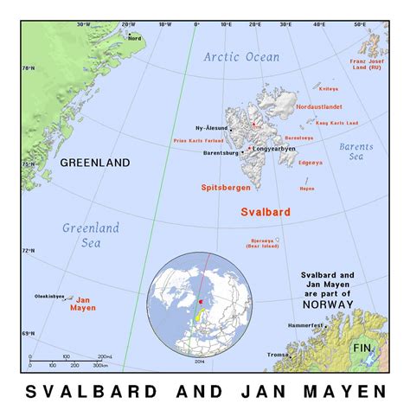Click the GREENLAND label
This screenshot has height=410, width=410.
point(95,162)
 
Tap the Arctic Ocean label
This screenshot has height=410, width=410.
point(242,57)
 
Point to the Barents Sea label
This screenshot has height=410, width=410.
point(356,152)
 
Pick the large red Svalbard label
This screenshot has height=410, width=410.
point(265,211)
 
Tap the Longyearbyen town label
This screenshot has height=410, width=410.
point(274,148)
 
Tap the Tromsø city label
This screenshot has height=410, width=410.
point(279,354)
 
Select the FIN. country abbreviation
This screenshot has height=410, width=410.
point(362,348)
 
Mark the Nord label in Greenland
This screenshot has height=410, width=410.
point(134,38)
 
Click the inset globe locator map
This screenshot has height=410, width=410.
point(202,303)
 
